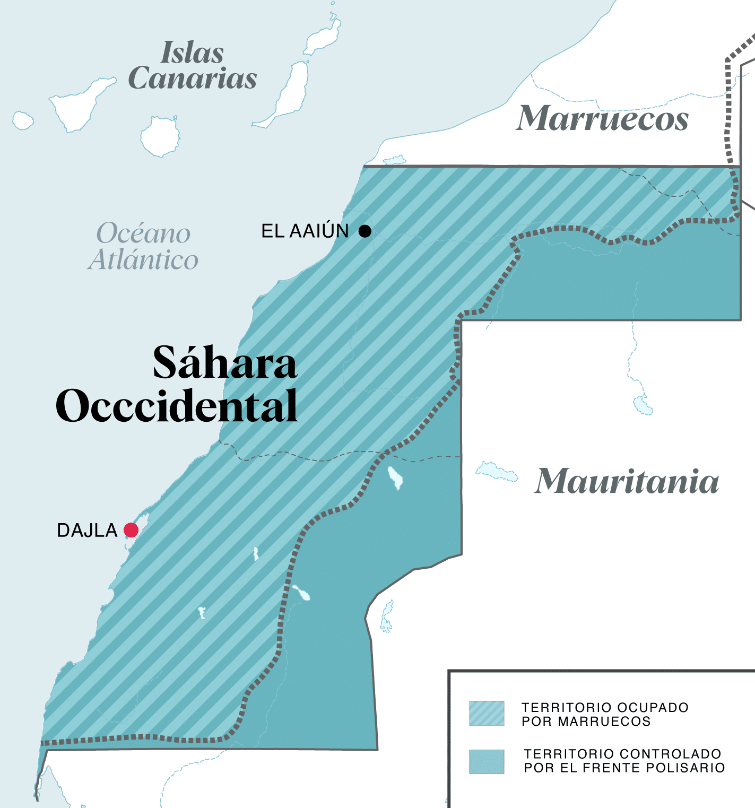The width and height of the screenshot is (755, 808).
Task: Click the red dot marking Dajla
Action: pyautogui.click(x=131, y=530)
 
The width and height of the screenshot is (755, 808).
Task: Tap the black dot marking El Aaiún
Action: pyautogui.click(x=365, y=231)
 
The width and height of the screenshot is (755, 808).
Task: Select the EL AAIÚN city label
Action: pyautogui.click(x=305, y=231)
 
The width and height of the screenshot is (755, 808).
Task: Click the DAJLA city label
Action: pyautogui.click(x=87, y=531)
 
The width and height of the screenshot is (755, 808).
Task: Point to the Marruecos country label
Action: pyautogui.click(x=603, y=118)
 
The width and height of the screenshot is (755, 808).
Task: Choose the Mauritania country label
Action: pyautogui.click(x=627, y=481)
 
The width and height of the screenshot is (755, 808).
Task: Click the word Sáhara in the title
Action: pyautogui.click(x=224, y=363)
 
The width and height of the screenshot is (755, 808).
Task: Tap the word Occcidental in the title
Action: pyautogui.click(x=177, y=406)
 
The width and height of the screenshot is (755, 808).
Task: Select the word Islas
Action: pyautogui.click(x=192, y=53)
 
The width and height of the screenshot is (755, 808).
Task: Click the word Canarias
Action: pyautogui.click(x=193, y=79)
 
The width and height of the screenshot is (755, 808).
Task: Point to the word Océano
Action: pyautogui.click(x=143, y=233)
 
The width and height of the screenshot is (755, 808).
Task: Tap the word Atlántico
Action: pyautogui.click(x=143, y=260)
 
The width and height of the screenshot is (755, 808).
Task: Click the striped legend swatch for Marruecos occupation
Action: pyautogui.click(x=487, y=714)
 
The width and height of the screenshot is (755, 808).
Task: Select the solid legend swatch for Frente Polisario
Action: pyautogui.click(x=487, y=761)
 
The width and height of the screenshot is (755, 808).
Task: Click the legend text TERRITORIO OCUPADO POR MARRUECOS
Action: pyautogui.click(x=605, y=714)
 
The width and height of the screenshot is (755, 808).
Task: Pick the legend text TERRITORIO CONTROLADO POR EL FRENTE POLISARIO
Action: pyautogui.click(x=624, y=761)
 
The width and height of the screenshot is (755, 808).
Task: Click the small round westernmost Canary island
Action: pyautogui.click(x=22, y=120)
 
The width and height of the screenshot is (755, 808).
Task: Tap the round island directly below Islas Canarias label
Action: pyautogui.click(x=160, y=136)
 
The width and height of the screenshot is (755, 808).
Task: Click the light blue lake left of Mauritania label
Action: pyautogui.click(x=496, y=472)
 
